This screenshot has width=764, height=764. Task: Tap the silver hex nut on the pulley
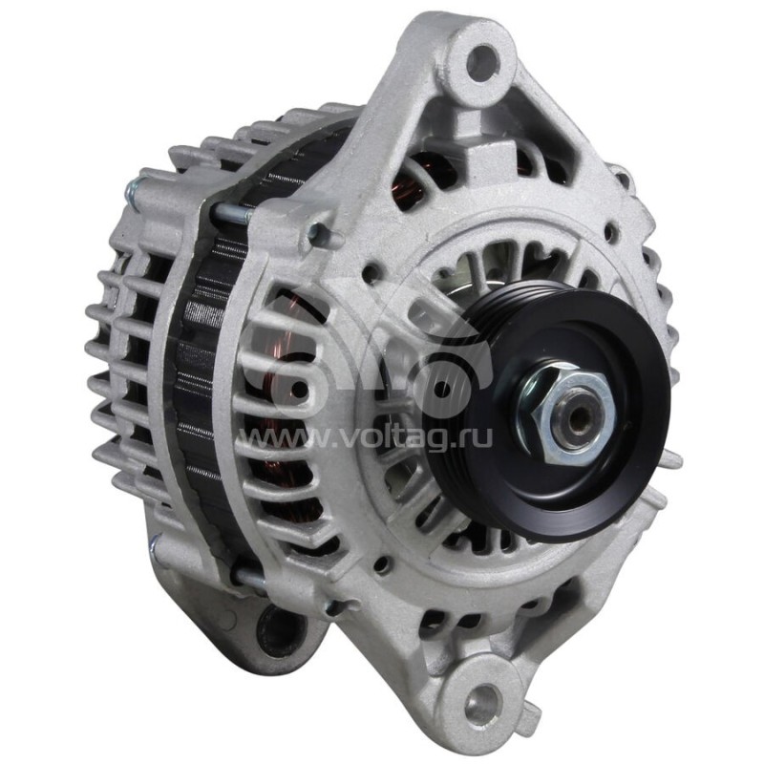566,410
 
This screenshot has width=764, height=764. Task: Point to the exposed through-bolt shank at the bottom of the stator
248,577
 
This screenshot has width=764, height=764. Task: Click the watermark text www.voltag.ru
370,438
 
